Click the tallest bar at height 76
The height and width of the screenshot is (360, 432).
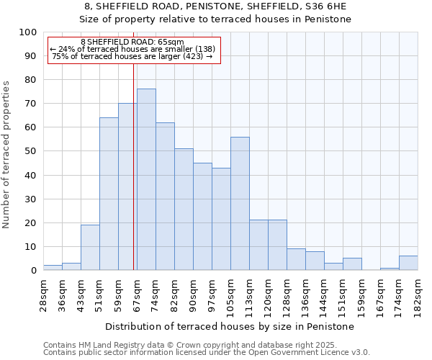[146, 179]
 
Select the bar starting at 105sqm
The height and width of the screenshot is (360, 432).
[240, 203]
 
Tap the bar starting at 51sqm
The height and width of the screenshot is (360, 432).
[109, 194]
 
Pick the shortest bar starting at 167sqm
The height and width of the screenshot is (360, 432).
[390, 269]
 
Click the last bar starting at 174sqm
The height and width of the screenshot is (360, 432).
[408, 263]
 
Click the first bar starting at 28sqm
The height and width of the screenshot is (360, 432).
[53, 267]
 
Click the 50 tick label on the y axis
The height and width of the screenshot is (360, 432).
[31, 151]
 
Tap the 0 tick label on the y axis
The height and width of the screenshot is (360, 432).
[34, 270]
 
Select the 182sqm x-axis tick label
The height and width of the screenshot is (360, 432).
[418, 294]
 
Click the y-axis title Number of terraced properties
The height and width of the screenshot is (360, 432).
[6, 154]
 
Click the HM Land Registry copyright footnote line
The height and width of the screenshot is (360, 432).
[206, 345]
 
